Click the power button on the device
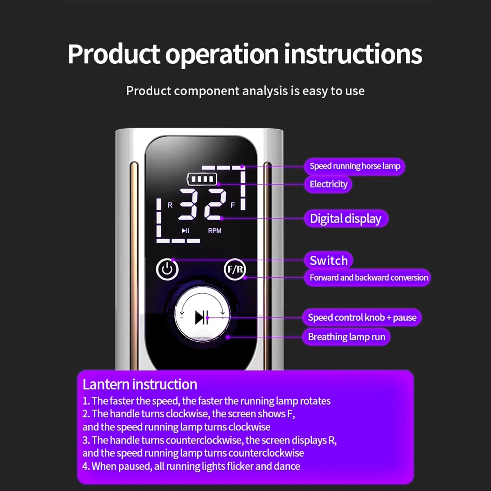point(167,269)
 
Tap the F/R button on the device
point(235,269)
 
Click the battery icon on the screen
point(202,179)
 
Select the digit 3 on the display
point(188,205)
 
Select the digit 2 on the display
point(215,205)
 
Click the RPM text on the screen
point(214,231)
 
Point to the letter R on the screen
point(170,205)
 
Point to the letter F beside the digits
point(232,205)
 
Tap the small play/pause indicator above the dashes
point(185,231)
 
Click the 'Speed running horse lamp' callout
point(355,166)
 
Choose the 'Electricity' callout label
point(328,184)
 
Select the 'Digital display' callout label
point(346,218)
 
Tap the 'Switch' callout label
point(329,260)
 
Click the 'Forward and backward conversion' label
point(368,277)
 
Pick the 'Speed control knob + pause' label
point(362,318)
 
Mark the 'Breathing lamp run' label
point(346,337)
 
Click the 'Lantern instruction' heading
point(140,385)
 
